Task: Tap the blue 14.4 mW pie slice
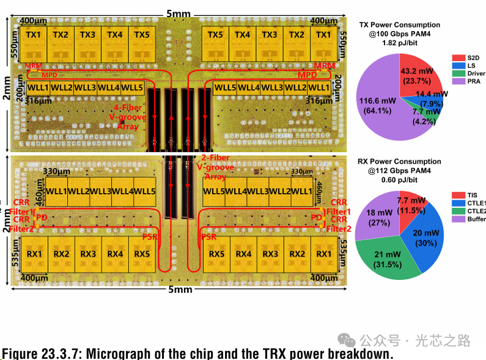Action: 432,96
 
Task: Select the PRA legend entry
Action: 466,81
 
